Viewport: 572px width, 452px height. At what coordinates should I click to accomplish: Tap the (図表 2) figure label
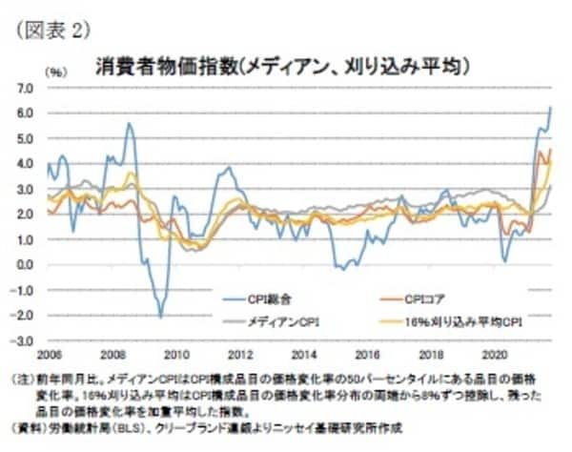(53, 30)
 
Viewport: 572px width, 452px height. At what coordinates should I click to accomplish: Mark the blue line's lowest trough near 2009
(160, 316)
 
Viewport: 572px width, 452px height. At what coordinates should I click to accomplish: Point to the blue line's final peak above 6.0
(551, 107)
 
